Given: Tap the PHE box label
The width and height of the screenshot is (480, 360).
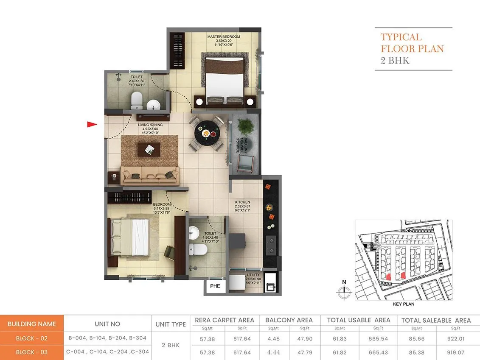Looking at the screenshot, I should (x=215, y=286).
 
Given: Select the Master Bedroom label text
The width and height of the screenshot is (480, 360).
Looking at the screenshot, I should (x=224, y=37).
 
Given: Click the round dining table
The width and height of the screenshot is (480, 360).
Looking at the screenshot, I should (x=205, y=133).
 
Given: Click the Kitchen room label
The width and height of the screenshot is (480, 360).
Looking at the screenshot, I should (x=243, y=202).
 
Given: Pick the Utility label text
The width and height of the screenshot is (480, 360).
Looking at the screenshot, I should (x=253, y=275).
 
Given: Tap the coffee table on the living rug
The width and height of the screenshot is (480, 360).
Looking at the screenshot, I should (x=149, y=148).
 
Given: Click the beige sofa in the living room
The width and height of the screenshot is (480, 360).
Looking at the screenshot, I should (x=150, y=174).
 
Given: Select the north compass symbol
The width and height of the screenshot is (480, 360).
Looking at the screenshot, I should (x=344, y=291).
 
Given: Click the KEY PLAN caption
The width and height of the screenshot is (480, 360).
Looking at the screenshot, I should (x=404, y=304).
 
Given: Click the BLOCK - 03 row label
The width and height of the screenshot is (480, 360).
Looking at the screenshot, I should (x=32, y=352).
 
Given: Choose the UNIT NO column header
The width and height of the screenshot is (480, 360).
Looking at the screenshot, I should (x=107, y=324).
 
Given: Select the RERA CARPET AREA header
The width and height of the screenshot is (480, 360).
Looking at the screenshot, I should (x=225, y=320).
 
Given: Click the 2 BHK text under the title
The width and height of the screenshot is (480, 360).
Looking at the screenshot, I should (x=395, y=60).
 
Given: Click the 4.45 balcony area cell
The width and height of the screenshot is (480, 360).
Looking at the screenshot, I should (x=273, y=339).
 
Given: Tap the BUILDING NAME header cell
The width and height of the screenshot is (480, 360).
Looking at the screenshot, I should (x=32, y=324).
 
